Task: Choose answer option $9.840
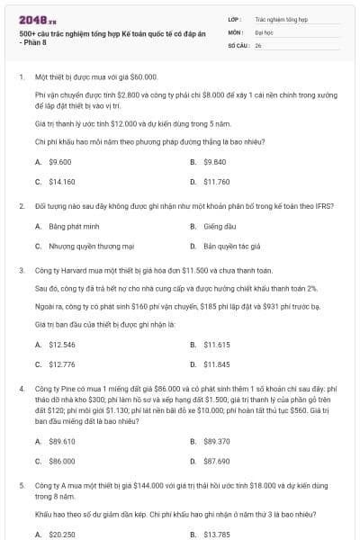tap(215, 162)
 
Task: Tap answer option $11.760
tap(217, 181)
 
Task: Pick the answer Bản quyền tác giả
tap(231, 245)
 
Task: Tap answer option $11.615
tap(217, 345)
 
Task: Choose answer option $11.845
tap(217, 364)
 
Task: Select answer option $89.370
tap(217, 441)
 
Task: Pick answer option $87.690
tap(217, 460)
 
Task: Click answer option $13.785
tap(217, 534)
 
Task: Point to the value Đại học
tap(263, 31)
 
